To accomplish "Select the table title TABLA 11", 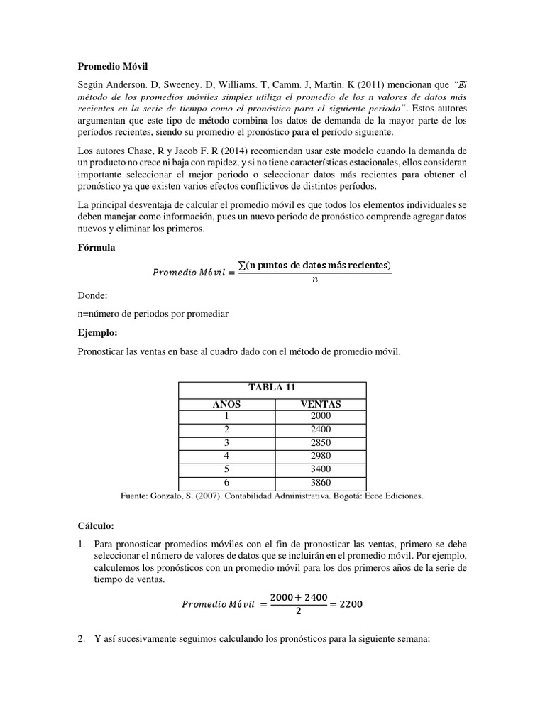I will click(271, 388).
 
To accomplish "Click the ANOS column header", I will click(227, 404).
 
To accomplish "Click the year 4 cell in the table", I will click(227, 455).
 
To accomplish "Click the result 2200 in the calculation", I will click(352, 605).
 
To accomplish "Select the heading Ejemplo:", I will click(99, 332).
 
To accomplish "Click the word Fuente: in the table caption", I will click(139, 496).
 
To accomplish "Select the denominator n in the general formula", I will click(314, 279).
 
